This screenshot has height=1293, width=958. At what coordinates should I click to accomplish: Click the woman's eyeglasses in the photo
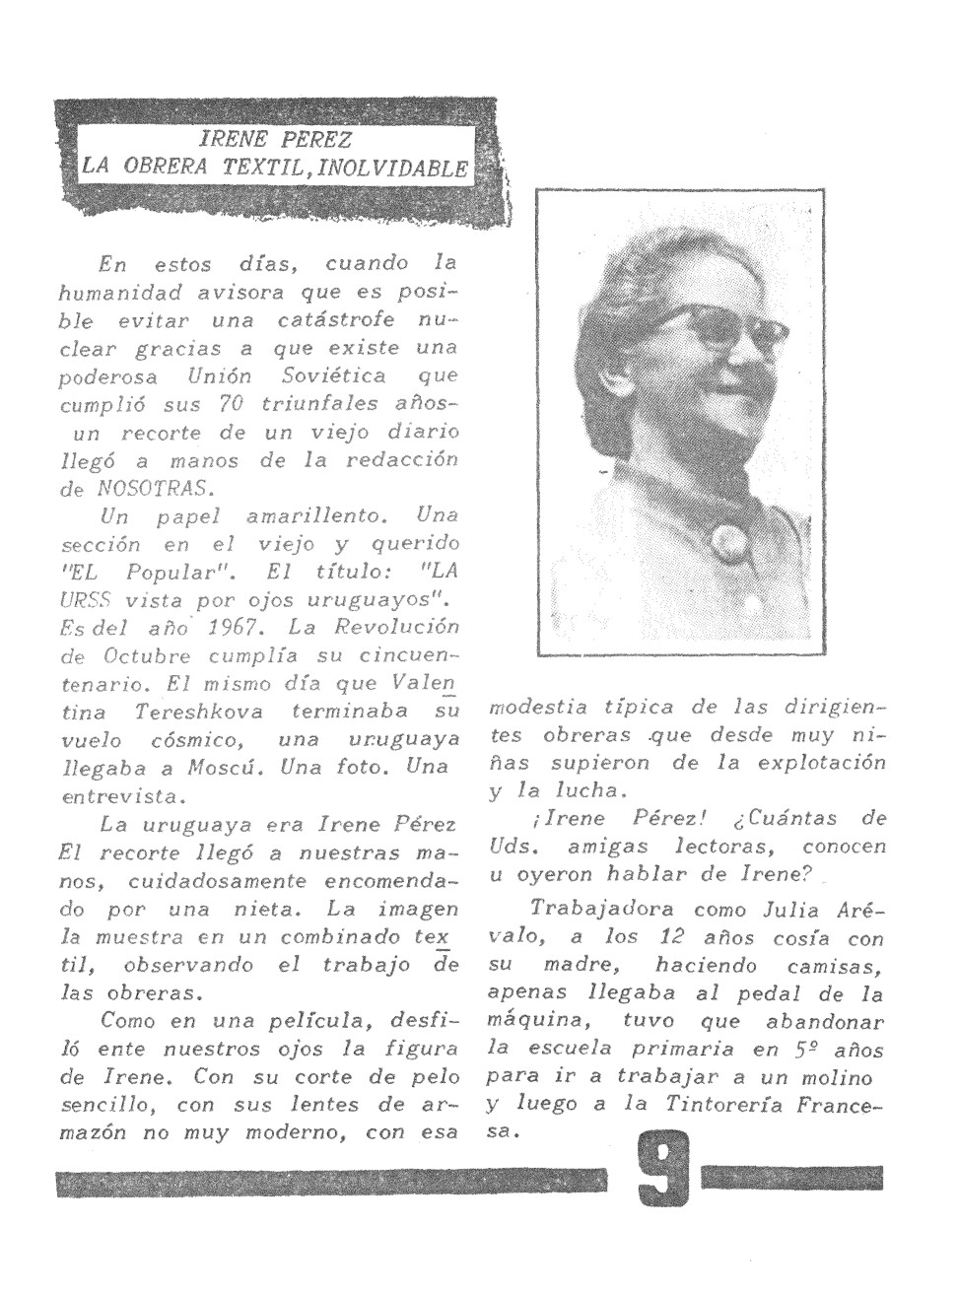(x=711, y=329)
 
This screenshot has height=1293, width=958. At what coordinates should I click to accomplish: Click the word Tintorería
(x=728, y=1104)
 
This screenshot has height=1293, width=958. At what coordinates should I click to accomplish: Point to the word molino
(x=842, y=1076)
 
